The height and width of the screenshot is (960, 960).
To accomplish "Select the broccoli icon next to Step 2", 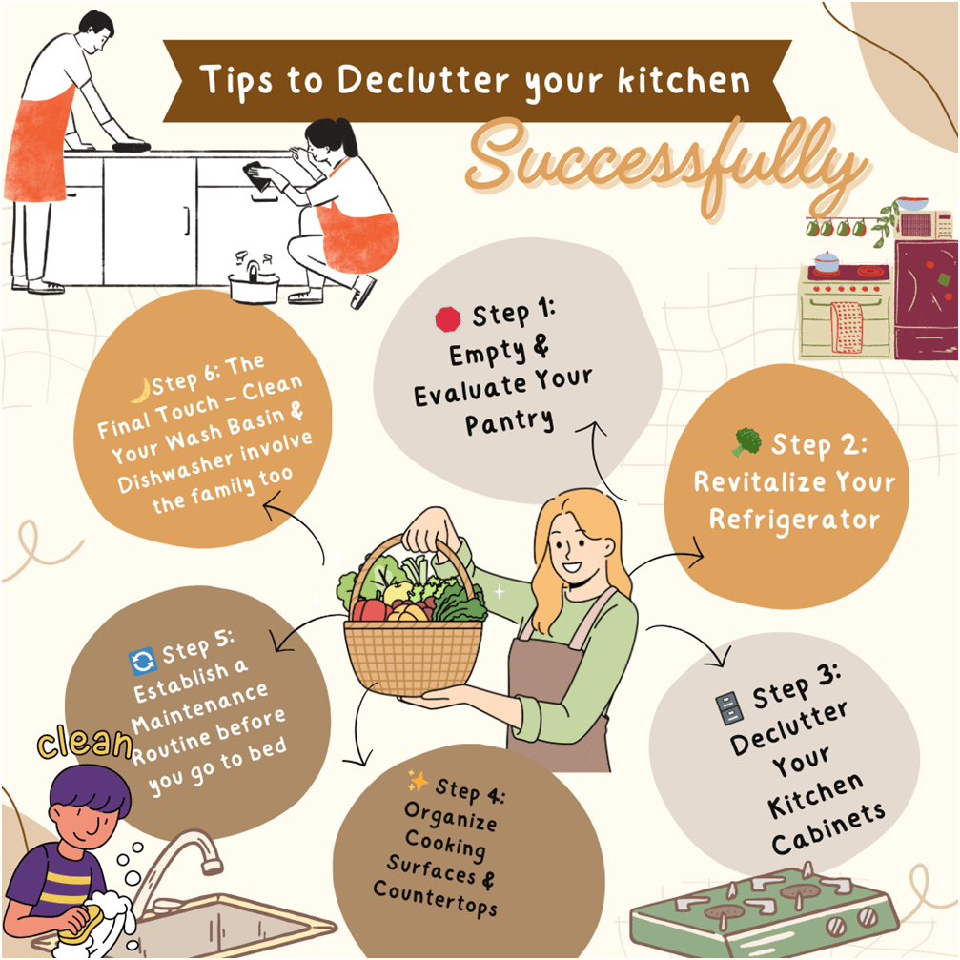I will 747,442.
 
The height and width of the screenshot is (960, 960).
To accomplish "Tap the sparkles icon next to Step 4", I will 418,782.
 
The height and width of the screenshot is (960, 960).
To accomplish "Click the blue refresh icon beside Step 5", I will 141,660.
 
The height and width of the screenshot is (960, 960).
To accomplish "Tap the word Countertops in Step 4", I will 435,896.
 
